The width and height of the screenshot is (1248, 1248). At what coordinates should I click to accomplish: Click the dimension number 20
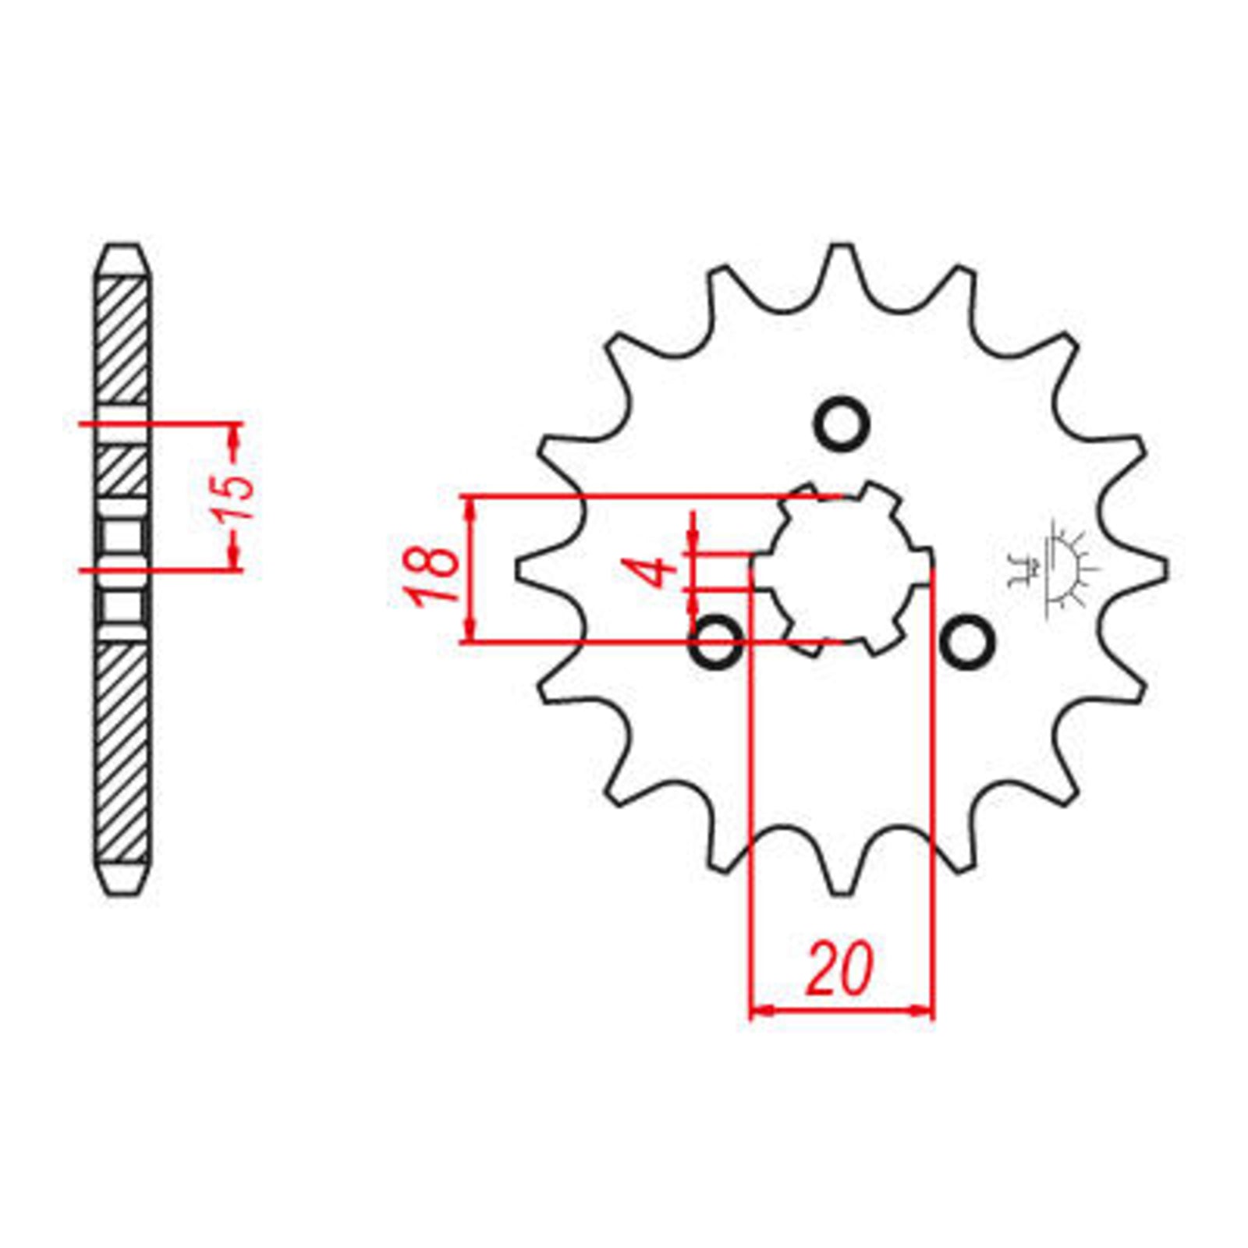click(840, 970)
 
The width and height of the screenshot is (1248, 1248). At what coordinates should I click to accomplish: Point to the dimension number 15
click(236, 495)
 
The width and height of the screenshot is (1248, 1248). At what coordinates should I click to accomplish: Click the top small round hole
click(842, 424)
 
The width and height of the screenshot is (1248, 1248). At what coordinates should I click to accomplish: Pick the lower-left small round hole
click(716, 640)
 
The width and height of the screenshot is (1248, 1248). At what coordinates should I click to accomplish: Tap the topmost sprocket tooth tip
click(841, 248)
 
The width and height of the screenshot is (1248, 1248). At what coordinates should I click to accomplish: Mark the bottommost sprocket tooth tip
click(841, 892)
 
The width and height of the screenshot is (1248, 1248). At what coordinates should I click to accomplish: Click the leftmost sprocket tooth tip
click(519, 570)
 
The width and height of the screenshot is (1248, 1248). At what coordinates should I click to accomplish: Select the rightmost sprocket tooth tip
click(1165, 570)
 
